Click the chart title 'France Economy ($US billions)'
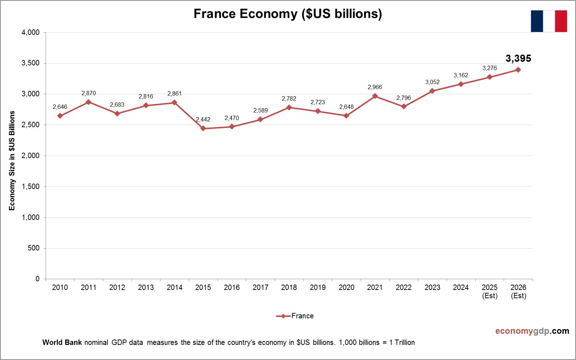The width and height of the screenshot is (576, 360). click(288, 14)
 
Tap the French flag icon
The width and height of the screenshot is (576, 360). click(549, 21)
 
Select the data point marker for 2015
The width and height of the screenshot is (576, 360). click(203, 128)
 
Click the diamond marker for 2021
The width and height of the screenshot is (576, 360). click(375, 96)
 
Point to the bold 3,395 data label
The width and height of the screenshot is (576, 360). click(518, 58)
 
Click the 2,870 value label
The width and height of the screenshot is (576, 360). click(88, 93)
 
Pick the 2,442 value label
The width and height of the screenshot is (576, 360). click(203, 119)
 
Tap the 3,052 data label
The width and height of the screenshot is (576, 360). click(432, 82)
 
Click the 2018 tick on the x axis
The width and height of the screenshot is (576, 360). click(289, 287)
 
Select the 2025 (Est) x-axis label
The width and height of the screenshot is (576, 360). click(490, 291)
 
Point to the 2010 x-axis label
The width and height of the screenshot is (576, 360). click(60, 287)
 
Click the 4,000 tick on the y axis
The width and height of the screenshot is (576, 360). click(31, 32)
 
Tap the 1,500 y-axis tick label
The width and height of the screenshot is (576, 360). click(31, 186)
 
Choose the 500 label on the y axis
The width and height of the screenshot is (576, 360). click(34, 248)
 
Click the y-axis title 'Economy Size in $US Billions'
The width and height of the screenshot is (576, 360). click(12, 160)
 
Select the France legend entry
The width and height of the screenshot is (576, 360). click(295, 316)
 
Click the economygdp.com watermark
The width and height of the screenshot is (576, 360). click(532, 331)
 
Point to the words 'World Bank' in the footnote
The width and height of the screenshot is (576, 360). click(62, 342)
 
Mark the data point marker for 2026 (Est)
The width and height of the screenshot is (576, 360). click(518, 70)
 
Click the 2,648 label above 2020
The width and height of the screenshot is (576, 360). click(346, 107)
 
